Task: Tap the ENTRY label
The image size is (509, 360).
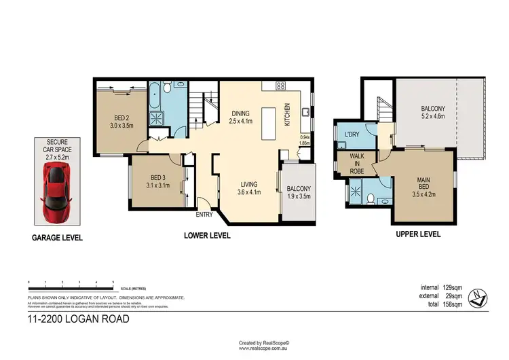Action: click(204, 215)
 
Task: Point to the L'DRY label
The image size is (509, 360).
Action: click(352, 135)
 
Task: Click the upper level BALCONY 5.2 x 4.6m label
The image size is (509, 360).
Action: click(433, 112)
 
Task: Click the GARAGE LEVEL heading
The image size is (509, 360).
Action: click(58, 238)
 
